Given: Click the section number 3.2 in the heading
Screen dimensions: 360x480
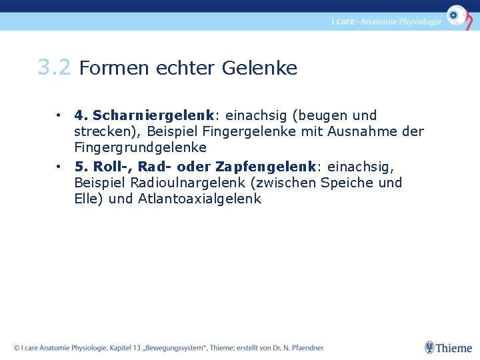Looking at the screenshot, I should pos(53,67).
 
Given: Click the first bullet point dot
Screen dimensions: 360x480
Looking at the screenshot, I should pos(59,115).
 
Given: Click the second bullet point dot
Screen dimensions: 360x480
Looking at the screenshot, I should pos(59,167).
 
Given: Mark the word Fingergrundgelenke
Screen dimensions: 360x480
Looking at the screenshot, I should pos(141,147).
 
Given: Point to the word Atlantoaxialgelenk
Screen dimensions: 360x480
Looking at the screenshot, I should pos(199,199).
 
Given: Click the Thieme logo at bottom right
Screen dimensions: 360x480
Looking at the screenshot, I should pos(449,347).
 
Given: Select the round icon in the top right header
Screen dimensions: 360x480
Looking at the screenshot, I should pos(457,15).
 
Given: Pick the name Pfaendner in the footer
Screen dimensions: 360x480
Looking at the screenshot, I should pos(303,347).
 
